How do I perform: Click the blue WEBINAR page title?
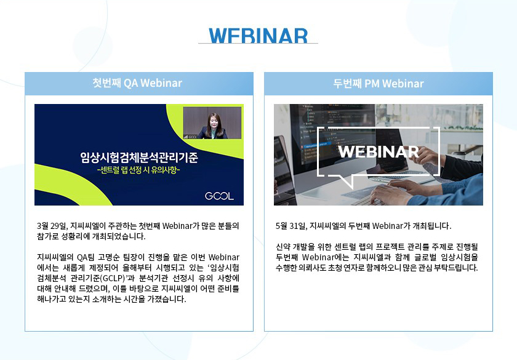[x=258, y=36]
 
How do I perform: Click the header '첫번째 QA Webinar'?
[x=137, y=83]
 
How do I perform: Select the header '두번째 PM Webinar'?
[x=378, y=84]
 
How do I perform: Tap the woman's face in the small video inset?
[x=214, y=121]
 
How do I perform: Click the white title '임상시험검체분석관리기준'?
[x=139, y=158]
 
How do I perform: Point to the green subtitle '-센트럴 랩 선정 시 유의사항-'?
[x=139, y=170]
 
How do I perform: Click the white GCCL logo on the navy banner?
[x=219, y=196]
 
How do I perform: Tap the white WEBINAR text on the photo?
[x=379, y=152]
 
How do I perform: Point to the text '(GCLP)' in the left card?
[x=114, y=278]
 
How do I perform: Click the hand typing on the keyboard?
[x=389, y=193]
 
